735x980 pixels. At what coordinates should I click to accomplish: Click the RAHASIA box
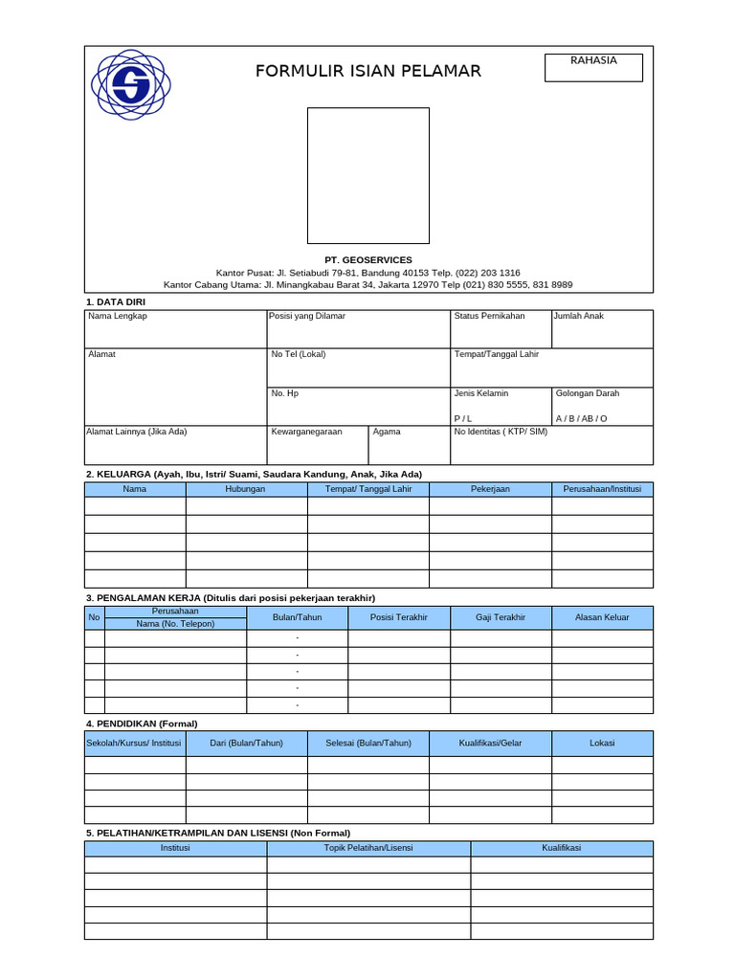593,67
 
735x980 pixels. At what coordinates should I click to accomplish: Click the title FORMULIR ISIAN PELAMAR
367,72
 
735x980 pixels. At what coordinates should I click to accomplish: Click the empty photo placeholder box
367,175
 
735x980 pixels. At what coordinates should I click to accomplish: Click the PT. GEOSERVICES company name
367,260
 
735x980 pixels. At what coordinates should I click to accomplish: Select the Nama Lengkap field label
118,316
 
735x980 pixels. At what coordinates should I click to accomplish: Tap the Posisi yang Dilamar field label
308,316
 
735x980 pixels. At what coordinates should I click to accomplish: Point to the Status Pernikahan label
489,316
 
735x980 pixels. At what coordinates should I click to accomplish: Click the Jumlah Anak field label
578,316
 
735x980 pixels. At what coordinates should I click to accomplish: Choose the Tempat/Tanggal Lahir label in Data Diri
496,354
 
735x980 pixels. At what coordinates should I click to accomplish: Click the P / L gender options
463,419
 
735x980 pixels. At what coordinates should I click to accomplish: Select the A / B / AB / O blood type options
581,419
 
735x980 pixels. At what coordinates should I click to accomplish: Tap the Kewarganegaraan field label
306,432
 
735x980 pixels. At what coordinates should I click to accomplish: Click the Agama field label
387,432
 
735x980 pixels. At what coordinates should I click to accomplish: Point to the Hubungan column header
245,489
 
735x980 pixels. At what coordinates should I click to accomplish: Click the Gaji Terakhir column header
501,617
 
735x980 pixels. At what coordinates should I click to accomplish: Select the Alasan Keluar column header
602,617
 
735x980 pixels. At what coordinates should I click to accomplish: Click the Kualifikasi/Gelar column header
490,743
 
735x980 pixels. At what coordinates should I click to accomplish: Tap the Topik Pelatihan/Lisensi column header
368,848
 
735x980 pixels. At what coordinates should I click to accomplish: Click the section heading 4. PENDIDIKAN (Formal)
142,724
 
